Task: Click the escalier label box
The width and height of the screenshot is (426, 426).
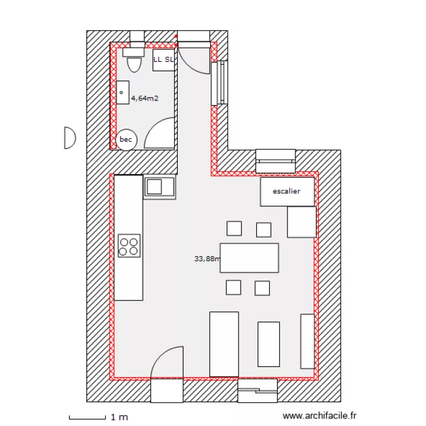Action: pyautogui.click(x=287, y=192)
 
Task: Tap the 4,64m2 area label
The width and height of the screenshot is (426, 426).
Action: pyautogui.click(x=145, y=98)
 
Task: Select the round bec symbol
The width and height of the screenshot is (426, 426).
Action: pyautogui.click(x=126, y=140)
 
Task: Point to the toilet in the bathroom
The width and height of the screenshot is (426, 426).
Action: pyautogui.click(x=134, y=61)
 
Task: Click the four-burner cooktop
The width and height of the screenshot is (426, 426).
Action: pyautogui.click(x=129, y=245)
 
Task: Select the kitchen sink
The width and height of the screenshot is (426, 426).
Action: pyautogui.click(x=160, y=186)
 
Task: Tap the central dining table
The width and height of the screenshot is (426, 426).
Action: pyautogui.click(x=249, y=257)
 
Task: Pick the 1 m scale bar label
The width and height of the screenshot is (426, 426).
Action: pyautogui.click(x=119, y=417)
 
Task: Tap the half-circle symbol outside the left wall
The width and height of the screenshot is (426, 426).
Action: pyautogui.click(x=69, y=137)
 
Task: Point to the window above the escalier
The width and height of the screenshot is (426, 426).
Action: pyautogui.click(x=275, y=161)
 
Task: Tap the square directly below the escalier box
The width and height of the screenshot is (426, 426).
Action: pyautogui.click(x=302, y=222)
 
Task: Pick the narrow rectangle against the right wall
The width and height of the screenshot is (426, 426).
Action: pyautogui.click(x=307, y=340)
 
